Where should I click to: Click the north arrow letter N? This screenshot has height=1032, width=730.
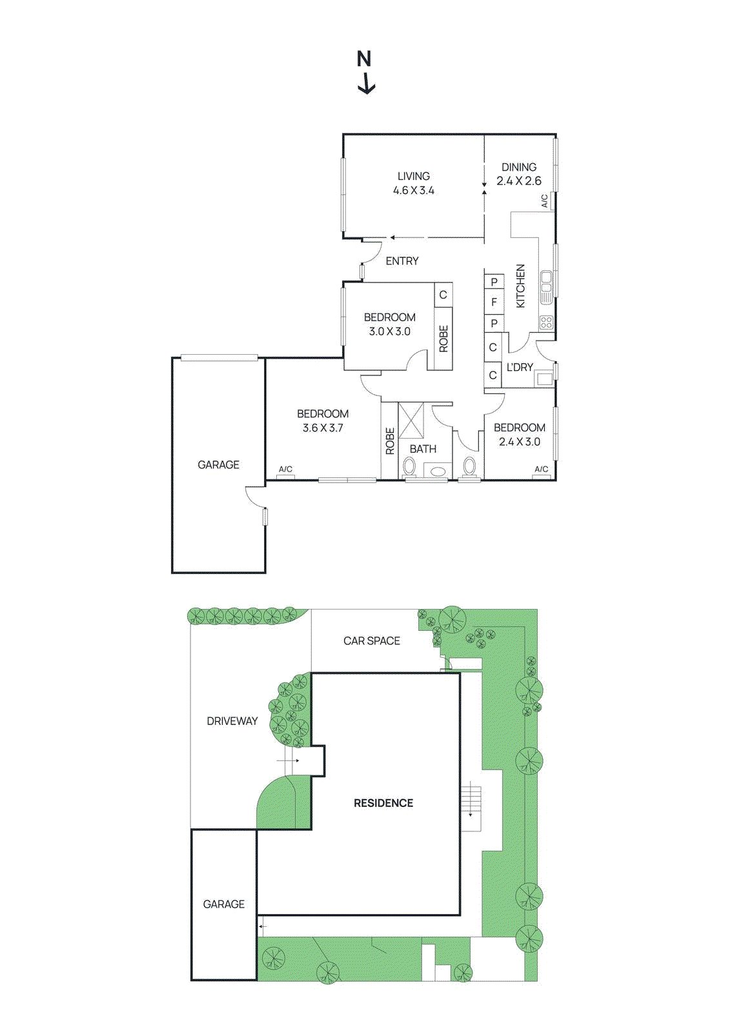pyautogui.click(x=364, y=59)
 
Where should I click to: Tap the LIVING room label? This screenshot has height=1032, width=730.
pyautogui.click(x=414, y=176)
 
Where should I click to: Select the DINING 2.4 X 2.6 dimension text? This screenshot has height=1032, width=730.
pyautogui.click(x=519, y=181)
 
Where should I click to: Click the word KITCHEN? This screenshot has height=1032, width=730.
pyautogui.click(x=520, y=286)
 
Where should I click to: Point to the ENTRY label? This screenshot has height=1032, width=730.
pyautogui.click(x=402, y=261)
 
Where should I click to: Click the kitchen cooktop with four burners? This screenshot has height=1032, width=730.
pyautogui.click(x=546, y=322)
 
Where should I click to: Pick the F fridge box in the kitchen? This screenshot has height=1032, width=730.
pyautogui.click(x=494, y=302)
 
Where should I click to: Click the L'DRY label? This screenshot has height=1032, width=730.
pyautogui.click(x=520, y=367)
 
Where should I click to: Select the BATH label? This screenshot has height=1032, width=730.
pyautogui.click(x=423, y=449)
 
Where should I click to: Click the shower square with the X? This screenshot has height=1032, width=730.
pyautogui.click(x=411, y=420)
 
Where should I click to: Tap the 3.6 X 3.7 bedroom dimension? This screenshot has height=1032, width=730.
pyautogui.click(x=323, y=428)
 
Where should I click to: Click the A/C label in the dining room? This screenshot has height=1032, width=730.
pyautogui.click(x=544, y=201)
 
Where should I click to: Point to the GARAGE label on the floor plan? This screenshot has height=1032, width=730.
pyautogui.click(x=218, y=464)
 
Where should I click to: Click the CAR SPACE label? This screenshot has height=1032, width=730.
pyautogui.click(x=372, y=640)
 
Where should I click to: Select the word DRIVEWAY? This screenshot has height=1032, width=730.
pyautogui.click(x=232, y=721)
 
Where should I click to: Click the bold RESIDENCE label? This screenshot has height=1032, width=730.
pyautogui.click(x=383, y=803)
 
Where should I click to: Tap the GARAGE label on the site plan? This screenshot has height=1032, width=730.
pyautogui.click(x=224, y=904)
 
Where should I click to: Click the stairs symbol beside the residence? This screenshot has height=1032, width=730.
pyautogui.click(x=471, y=799)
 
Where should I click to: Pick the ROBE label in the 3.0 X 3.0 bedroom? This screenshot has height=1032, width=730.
pyautogui.click(x=443, y=339)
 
